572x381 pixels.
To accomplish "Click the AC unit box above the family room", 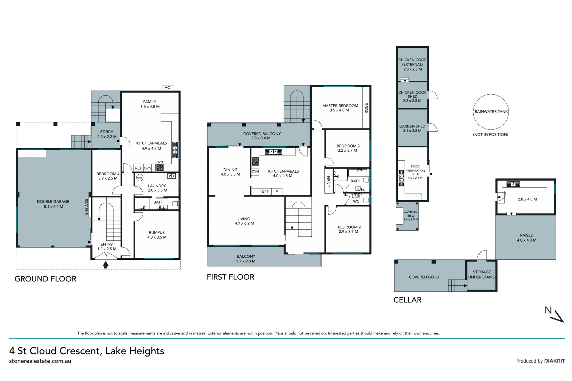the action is tap(167, 88).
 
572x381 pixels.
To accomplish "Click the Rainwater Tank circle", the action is tap(491, 112).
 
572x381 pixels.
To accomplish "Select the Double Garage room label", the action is tap(53, 204).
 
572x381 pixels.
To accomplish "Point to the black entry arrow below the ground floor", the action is tap(105, 265).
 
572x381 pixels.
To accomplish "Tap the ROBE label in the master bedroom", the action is tap(366, 108).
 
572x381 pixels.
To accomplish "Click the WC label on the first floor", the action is tap(356, 201).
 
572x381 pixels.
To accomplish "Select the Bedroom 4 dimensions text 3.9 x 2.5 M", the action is tap(108, 178).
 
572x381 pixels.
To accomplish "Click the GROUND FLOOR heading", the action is tap(46, 279).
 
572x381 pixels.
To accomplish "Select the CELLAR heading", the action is tap(407, 300).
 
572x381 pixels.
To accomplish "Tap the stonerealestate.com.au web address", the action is tap(40, 361).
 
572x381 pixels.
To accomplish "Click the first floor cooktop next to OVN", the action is tap(255, 162).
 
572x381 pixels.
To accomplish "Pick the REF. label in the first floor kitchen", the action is tap(265, 192).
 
